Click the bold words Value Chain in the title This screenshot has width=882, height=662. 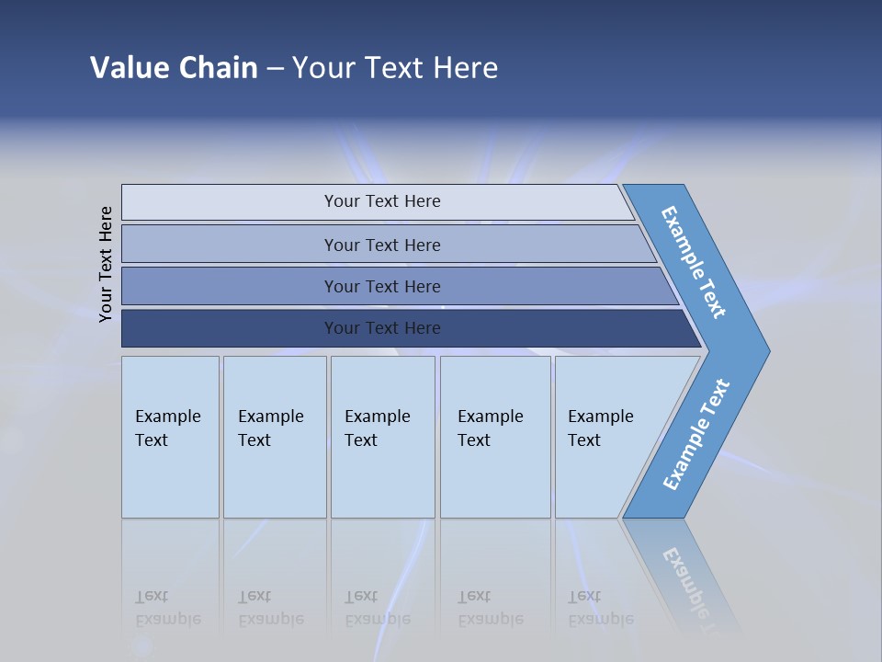tap(174, 68)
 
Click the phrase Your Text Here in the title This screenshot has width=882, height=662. tap(395, 68)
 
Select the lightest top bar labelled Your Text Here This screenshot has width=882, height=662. tap(381, 201)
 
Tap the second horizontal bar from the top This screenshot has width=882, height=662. tap(381, 245)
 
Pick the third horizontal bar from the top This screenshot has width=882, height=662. tap(381, 286)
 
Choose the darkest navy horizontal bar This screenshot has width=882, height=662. tap(381, 328)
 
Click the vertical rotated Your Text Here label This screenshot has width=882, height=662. tap(106, 264)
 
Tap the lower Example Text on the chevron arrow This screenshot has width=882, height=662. tap(696, 435)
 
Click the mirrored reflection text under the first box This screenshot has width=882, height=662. tap(168, 608)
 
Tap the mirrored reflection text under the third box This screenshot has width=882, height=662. tap(377, 608)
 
